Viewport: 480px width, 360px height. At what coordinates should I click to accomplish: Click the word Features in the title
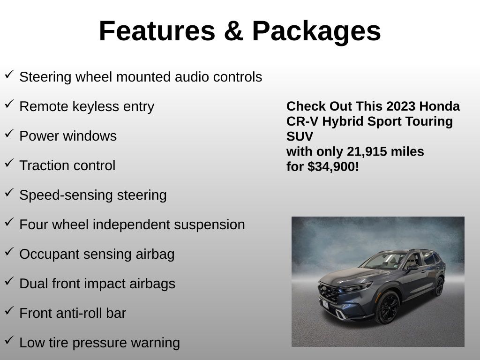[157, 31]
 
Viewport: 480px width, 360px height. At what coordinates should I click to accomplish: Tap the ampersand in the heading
[233, 31]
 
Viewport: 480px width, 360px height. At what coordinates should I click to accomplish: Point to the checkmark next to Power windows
[9, 133]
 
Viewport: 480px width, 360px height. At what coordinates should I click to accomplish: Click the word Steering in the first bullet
[45, 77]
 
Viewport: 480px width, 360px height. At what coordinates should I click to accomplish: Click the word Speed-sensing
[66, 195]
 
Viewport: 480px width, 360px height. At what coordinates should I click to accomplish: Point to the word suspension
[210, 225]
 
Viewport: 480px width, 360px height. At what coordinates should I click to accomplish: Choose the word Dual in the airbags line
[34, 284]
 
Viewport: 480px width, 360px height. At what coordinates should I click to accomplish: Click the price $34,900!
[333, 167]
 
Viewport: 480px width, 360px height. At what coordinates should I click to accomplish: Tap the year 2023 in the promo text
[401, 106]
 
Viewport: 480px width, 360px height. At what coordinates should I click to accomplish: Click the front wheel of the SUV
[387, 307]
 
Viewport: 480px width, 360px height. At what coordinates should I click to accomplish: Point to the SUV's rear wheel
[439, 286]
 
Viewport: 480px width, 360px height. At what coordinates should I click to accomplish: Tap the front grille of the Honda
[329, 293]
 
